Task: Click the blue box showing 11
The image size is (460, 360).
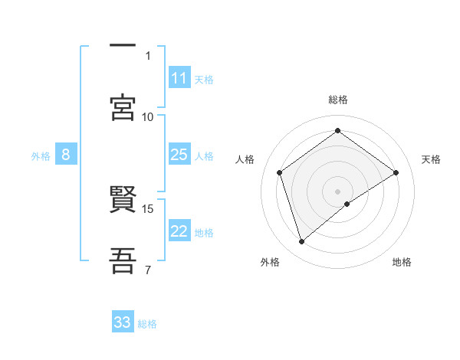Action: (x=179, y=78)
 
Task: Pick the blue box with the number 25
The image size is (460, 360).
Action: (x=179, y=155)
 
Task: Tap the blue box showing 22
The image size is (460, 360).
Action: (x=179, y=231)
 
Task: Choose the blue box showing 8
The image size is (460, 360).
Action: (x=66, y=155)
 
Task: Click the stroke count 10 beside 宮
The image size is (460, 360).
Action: (x=148, y=116)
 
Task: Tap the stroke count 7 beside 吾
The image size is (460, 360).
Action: (x=148, y=270)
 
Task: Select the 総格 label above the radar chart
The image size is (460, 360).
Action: (x=338, y=100)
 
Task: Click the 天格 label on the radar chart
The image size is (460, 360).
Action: (x=431, y=159)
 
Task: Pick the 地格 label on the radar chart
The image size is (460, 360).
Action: (x=402, y=262)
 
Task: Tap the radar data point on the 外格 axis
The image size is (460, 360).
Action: (x=302, y=242)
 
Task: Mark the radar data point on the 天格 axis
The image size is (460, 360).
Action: (x=396, y=172)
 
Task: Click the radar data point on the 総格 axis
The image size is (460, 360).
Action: (x=337, y=131)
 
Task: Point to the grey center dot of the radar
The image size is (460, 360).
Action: (x=337, y=191)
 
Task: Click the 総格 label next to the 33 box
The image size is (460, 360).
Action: (x=148, y=324)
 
